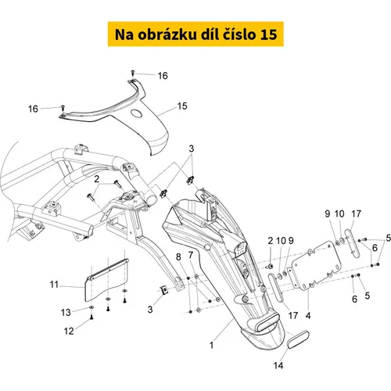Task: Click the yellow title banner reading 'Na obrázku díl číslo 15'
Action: [x=195, y=34]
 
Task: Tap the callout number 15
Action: [x=182, y=106]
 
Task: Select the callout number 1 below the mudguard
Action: [x=211, y=346]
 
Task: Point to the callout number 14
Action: [x=278, y=365]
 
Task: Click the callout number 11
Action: [x=54, y=285]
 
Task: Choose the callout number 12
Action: [x=69, y=331]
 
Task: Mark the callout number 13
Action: [x=66, y=312]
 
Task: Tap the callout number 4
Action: [x=308, y=316]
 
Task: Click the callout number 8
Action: [x=178, y=257]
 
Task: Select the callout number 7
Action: [x=191, y=255]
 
